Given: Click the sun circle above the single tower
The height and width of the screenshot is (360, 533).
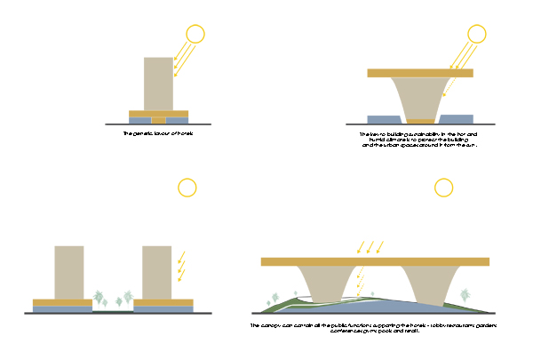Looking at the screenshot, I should tap(195, 35).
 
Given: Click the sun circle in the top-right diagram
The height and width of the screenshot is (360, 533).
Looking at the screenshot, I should tap(477, 35).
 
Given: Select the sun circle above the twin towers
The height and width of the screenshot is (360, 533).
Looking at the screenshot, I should tap(187, 188).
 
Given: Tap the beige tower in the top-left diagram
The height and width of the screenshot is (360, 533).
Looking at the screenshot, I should tap(158, 84).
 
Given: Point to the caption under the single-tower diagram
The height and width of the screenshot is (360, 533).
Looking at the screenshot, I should tap(157, 133).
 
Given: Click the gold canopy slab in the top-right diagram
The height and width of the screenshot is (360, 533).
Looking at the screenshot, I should tap(419, 73).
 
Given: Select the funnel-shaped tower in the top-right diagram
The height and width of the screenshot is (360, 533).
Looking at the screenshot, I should tap(419, 98).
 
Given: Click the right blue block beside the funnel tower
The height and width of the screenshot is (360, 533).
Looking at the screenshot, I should tap(457, 119).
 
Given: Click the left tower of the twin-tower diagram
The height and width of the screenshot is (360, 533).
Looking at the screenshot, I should tap(68, 272).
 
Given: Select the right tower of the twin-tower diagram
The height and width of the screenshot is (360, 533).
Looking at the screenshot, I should tap(157, 272).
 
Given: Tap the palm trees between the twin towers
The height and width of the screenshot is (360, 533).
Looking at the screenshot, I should tap(114, 299).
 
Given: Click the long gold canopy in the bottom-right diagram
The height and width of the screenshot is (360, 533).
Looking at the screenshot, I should tap(376, 261).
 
